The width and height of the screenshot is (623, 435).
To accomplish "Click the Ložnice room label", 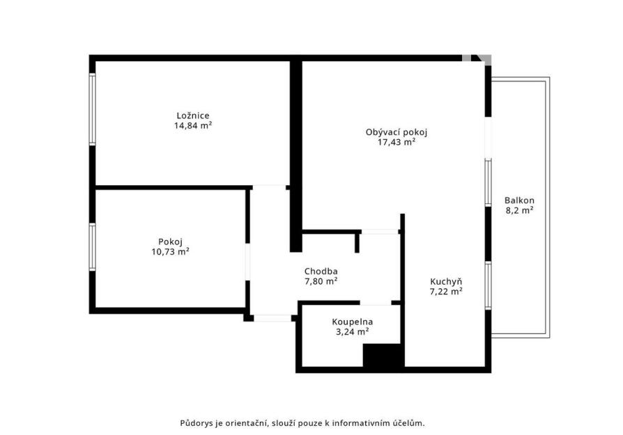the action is point(193,116).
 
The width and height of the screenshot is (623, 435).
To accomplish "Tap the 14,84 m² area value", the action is point(193,126).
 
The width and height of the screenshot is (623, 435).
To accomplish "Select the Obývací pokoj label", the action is point(396,132).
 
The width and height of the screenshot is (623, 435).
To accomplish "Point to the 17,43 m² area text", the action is point(396,142).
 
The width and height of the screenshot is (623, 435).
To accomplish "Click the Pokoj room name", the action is point(170,242).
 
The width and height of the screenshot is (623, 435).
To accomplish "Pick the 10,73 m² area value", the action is point(170,252).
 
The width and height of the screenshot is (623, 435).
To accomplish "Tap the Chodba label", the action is point(321,271).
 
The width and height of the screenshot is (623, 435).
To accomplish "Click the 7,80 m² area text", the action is point(321,281).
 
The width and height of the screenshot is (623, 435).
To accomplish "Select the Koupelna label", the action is point(353,322).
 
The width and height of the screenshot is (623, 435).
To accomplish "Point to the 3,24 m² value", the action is point(353,332).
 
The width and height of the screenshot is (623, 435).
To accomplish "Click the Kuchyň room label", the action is point(446,282).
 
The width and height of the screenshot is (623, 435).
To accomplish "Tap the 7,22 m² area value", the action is point(446,292).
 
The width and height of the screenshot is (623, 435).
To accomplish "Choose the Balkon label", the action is point(519,200).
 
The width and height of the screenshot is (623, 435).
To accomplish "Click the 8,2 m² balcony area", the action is point(519,211).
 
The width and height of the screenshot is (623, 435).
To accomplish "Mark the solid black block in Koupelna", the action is point(384,355).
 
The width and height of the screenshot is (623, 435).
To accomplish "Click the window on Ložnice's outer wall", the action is point(92,109).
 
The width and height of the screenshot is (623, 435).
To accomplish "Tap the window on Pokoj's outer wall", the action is point(92,247).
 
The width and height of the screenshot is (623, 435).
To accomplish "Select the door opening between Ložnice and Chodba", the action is point(269,187).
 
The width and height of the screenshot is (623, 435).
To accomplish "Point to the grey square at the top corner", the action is point(466,58).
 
